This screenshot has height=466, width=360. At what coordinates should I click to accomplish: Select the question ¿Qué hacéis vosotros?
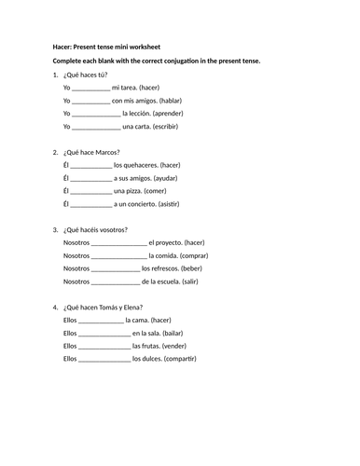pos(93,229)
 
